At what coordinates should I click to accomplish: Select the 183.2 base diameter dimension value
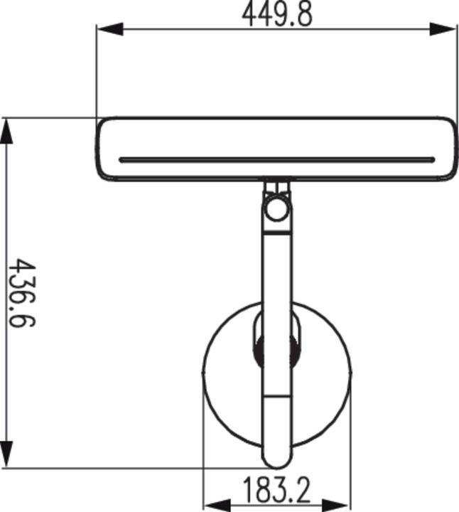pos(277,491)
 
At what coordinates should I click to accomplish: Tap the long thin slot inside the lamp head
pos(277,160)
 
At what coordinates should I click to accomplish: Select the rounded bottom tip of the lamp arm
pos(277,459)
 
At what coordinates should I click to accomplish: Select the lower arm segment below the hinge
pos(277,420)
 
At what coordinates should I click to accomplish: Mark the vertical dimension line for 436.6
pos(6,213)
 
